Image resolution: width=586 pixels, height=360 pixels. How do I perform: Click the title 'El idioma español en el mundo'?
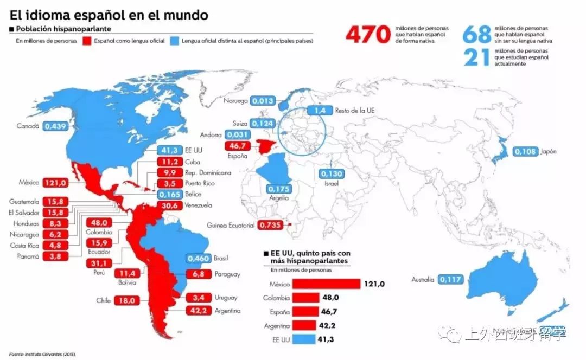pos(109,15)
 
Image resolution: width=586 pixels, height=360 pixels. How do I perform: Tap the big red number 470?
pos(368,35)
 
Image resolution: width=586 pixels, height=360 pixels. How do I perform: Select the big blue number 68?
pos(477,34)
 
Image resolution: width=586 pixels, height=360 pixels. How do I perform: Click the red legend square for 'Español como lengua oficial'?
pos(87,41)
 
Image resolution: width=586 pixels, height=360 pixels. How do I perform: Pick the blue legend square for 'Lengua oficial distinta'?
pos(175,41)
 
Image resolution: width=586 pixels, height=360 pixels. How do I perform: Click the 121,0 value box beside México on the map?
pos(56,183)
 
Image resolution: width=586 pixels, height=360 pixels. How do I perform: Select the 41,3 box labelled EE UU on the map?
pos(169,150)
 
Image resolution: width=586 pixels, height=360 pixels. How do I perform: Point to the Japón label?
pos(548,151)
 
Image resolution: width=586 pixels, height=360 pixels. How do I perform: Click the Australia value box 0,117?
pos(451,279)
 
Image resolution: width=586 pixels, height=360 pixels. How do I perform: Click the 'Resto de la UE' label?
pos(355,110)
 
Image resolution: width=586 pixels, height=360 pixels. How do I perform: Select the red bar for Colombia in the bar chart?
pos(306,298)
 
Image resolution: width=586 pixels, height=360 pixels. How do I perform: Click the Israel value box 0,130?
pos(332,174)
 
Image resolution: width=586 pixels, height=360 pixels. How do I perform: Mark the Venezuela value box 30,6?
pos(169,205)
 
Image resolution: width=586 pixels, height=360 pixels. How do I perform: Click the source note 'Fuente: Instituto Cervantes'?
pos(42,354)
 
